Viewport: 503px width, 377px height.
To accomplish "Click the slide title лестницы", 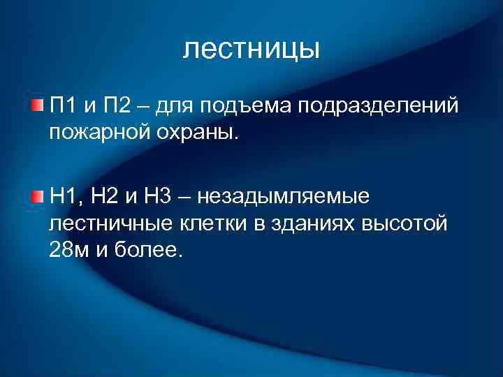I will [x=251, y=50].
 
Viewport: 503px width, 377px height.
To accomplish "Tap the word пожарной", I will [x=97, y=132].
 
